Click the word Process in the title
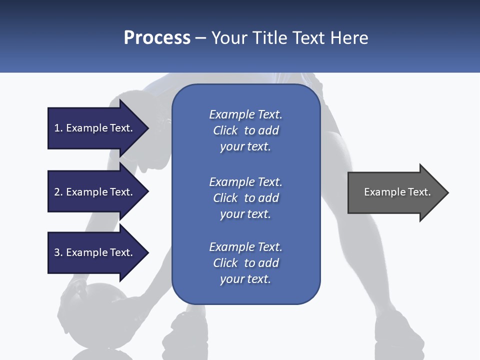157,38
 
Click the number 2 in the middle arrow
57,192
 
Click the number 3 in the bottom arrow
57,252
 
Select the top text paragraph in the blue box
245,130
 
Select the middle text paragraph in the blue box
245,198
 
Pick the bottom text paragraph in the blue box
245,263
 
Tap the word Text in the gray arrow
419,192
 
